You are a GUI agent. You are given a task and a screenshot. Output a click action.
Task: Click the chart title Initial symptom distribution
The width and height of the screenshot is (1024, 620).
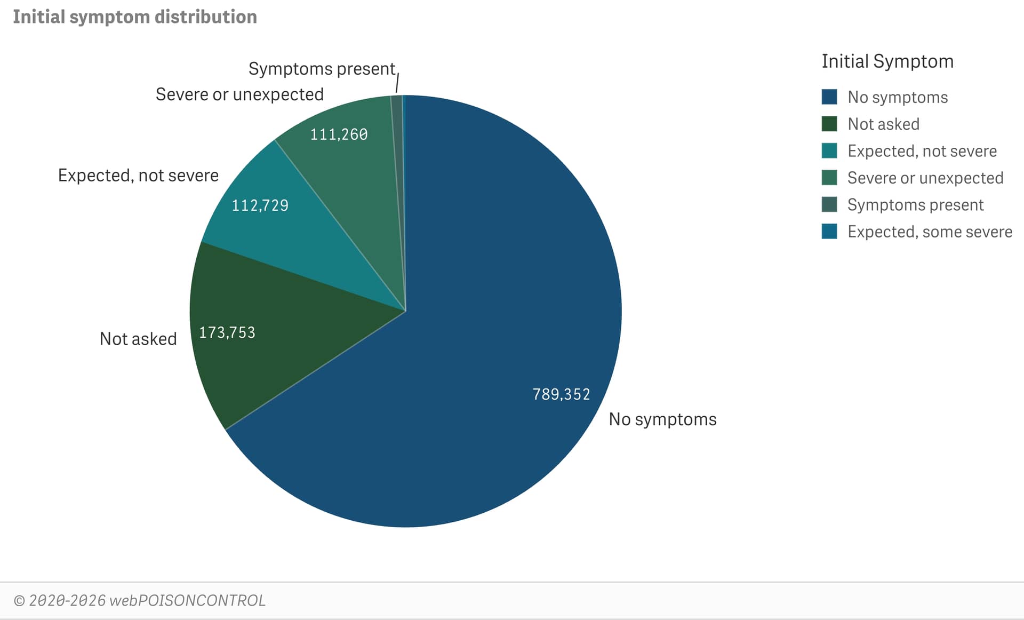(x=134, y=17)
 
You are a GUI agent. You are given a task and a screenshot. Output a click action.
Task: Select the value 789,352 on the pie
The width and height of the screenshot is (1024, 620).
(x=561, y=394)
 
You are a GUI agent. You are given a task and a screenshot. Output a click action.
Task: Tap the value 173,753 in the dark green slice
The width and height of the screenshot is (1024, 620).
(x=227, y=333)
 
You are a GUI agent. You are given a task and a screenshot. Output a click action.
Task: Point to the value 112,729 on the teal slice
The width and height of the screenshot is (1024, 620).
(x=260, y=205)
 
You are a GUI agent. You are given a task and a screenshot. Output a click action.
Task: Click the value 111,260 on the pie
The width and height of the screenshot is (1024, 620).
(x=339, y=134)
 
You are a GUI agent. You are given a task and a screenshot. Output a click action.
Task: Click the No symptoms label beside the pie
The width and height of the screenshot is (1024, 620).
(x=662, y=419)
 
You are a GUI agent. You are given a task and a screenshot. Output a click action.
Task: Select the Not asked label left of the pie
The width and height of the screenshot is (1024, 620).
(x=138, y=339)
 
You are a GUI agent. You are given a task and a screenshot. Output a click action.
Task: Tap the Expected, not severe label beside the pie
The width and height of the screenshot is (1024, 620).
(x=138, y=176)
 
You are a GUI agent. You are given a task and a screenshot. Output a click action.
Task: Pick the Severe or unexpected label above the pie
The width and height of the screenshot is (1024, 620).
(x=239, y=94)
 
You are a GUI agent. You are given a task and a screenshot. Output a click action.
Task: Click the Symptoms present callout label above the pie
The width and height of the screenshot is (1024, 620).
(x=322, y=69)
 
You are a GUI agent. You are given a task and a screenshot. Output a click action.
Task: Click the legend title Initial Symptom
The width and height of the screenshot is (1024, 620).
(x=887, y=61)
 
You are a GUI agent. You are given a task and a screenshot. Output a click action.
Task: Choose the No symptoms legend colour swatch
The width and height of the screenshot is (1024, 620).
(x=829, y=97)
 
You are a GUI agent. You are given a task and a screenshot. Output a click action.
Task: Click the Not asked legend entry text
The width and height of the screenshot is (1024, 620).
(x=883, y=124)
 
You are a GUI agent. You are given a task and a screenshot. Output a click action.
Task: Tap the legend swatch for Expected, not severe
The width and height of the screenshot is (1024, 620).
(x=829, y=151)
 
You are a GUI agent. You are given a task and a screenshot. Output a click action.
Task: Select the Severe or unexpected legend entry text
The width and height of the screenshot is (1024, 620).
(x=925, y=178)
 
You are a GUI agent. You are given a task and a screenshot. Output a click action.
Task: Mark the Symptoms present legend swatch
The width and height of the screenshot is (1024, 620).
(x=829, y=205)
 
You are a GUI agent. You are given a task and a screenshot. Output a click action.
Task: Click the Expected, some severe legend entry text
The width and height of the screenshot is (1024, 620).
(x=930, y=232)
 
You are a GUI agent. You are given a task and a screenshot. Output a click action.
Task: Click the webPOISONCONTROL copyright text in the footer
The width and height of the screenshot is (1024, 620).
(x=139, y=600)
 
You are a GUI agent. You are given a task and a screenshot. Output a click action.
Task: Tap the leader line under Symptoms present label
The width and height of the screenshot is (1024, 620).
(x=397, y=84)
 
